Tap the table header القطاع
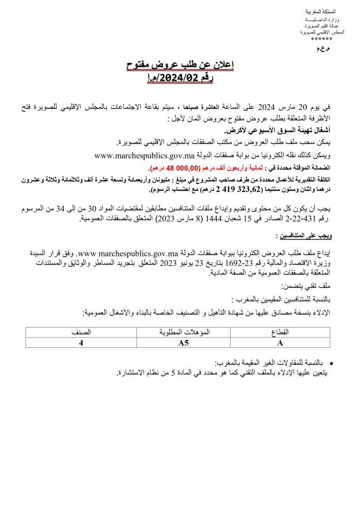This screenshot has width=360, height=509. tap(282, 332)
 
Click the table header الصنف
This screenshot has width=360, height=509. tap(81, 332)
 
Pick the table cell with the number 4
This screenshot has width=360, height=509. tap(81, 342)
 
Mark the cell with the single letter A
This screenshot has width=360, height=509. tap(281, 342)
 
